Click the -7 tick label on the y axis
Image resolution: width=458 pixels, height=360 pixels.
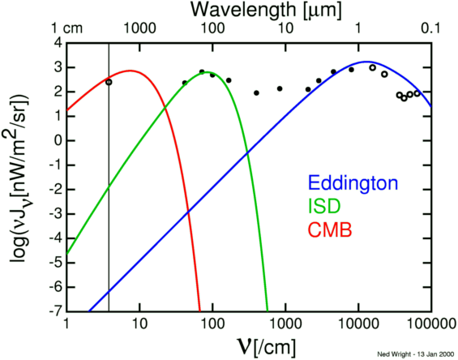click(x=55, y=311)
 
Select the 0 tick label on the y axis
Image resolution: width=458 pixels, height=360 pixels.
click(x=58, y=139)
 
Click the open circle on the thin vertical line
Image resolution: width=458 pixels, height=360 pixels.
click(x=109, y=82)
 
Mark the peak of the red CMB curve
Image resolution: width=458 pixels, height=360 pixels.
click(x=129, y=71)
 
